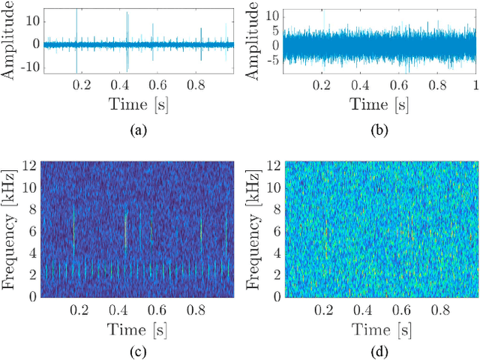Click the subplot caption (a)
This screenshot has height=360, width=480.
click(x=137, y=130)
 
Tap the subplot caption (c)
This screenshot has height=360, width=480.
click(x=137, y=349)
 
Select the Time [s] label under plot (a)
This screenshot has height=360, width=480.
click(x=137, y=104)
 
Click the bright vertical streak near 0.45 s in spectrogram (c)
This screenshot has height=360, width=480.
click(x=126, y=225)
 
